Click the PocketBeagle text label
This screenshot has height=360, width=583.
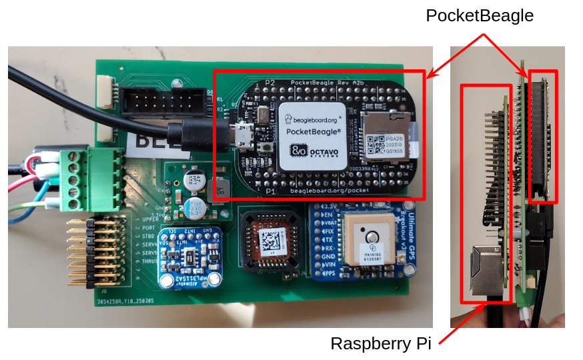click(x=480, y=15)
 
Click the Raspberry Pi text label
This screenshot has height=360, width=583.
click(x=381, y=344)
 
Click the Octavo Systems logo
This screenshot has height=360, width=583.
click(x=312, y=152)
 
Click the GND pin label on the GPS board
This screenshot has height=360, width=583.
click(x=328, y=255)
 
